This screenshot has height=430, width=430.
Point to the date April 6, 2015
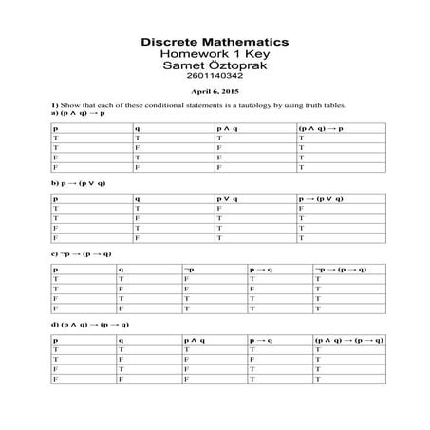tap(215, 93)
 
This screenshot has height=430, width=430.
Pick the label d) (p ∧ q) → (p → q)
tap(90, 325)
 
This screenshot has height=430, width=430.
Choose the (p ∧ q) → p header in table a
tap(321, 127)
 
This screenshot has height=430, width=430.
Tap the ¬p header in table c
tap(190, 270)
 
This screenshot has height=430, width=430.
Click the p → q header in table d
tap(261, 340)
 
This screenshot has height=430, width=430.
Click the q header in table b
tap(138, 198)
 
